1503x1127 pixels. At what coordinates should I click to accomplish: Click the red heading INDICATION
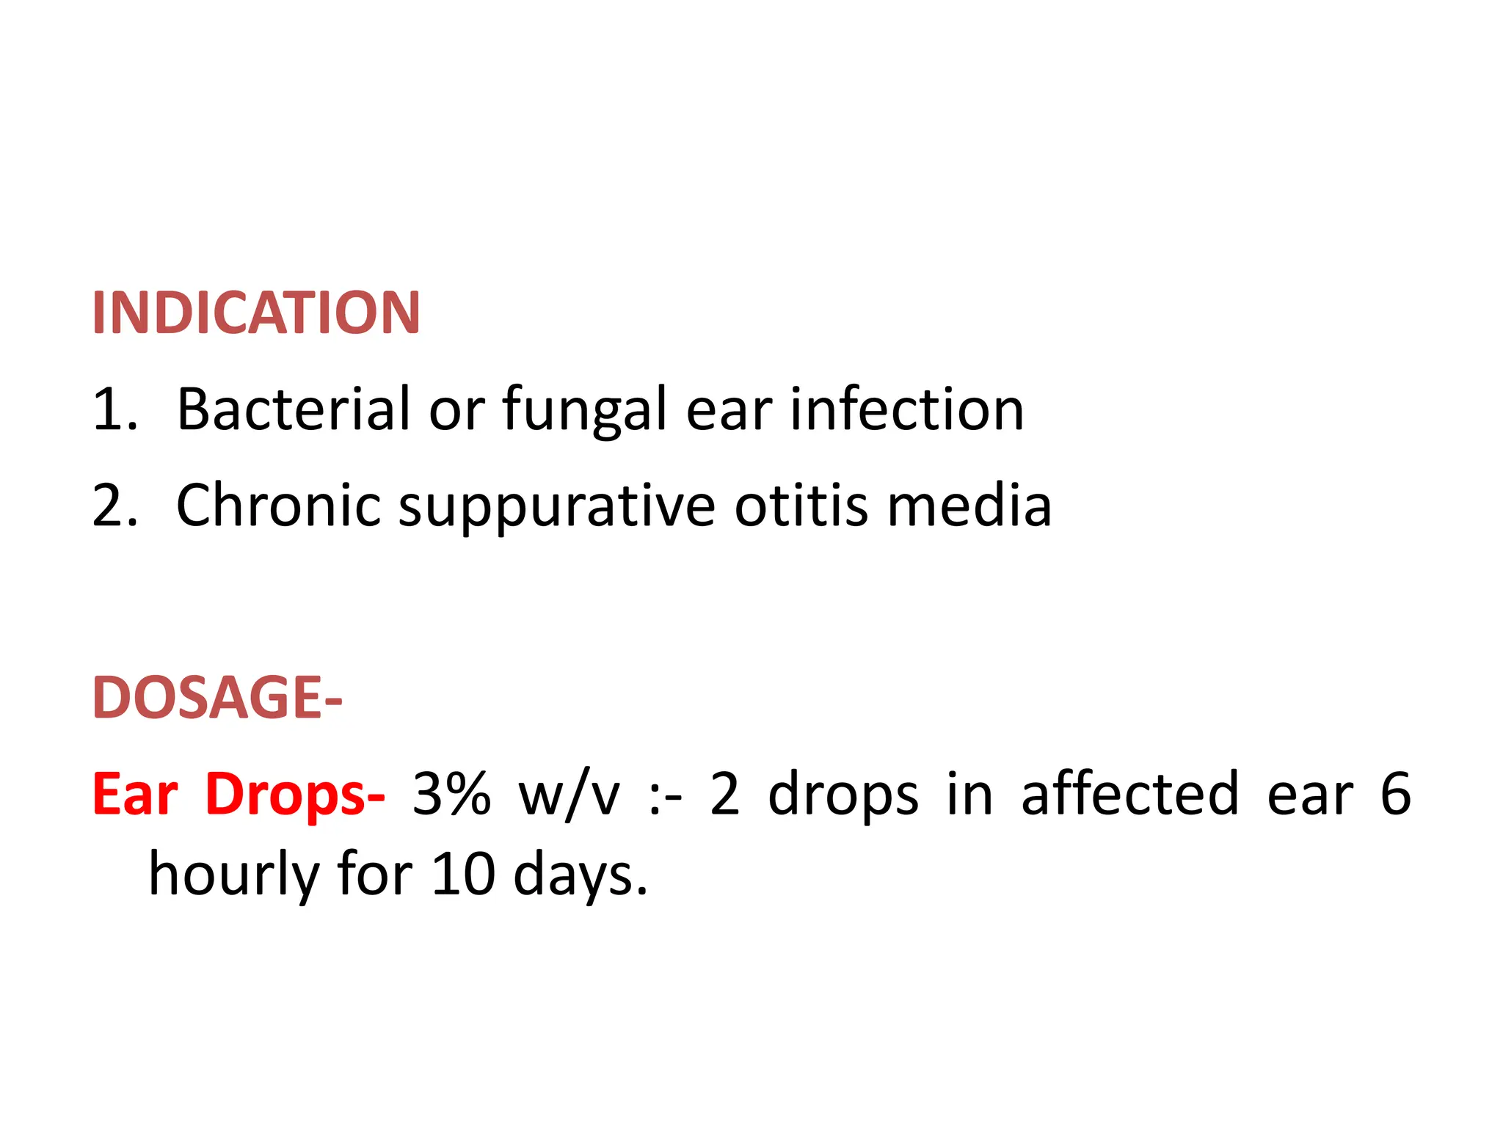pyautogui.click(x=256, y=313)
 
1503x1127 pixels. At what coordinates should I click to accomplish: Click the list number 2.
pyautogui.click(x=114, y=506)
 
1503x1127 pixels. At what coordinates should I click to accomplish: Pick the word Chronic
pyautogui.click(x=279, y=506)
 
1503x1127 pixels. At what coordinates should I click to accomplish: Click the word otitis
pyautogui.click(x=801, y=506)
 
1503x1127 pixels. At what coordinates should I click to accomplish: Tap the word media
pyautogui.click(x=969, y=506)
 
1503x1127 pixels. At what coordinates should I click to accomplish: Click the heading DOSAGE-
pyautogui.click(x=217, y=698)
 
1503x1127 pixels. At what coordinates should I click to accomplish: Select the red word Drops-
pyautogui.click(x=295, y=795)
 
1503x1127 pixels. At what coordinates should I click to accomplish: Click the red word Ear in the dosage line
pyautogui.click(x=135, y=795)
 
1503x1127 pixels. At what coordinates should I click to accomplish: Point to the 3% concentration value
pyautogui.click(x=451, y=795)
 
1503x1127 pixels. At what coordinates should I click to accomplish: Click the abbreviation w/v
pyautogui.click(x=569, y=795)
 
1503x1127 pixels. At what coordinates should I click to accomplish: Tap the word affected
pyautogui.click(x=1130, y=795)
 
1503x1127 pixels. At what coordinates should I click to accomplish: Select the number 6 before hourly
pyautogui.click(x=1395, y=795)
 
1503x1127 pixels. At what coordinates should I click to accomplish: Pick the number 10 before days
pyautogui.click(x=462, y=875)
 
